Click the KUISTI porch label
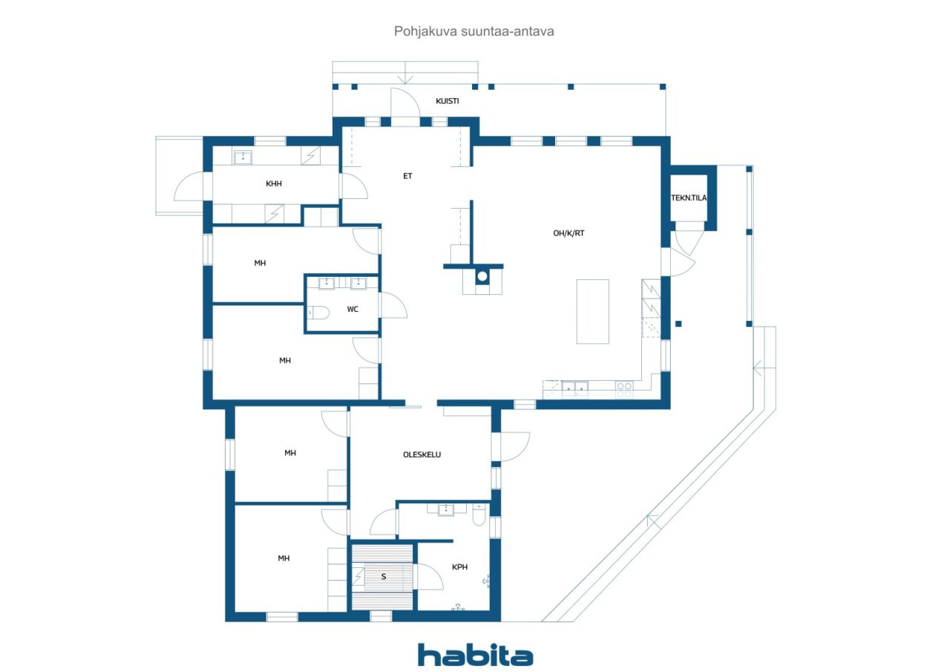(x=447, y=101)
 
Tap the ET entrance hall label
(x=407, y=176)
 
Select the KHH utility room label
(x=274, y=183)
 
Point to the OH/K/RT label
(x=569, y=233)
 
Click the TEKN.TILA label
(x=689, y=198)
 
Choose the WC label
(x=353, y=310)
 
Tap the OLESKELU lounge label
(x=422, y=454)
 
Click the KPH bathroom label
(x=459, y=567)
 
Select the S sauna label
(x=384, y=576)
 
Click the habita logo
(x=475, y=655)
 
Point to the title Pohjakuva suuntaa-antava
(x=474, y=31)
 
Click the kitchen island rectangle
(x=592, y=311)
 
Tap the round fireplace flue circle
(x=482, y=277)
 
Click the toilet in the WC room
(x=318, y=313)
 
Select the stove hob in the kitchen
(x=624, y=390)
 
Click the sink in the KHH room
(x=243, y=157)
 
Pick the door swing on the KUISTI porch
(x=405, y=102)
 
